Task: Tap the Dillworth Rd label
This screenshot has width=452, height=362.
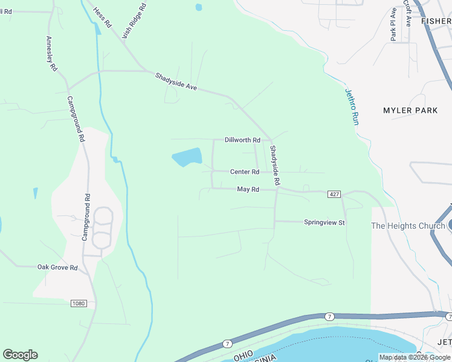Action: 242,140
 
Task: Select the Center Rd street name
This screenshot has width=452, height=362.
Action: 244,172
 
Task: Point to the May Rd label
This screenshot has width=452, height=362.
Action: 248,189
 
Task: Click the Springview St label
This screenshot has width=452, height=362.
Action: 324,223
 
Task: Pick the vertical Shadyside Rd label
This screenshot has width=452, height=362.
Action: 276,165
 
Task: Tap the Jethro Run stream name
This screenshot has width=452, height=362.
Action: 352,107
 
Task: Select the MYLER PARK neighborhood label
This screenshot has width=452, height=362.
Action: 410,110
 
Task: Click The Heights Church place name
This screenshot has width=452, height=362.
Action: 408,226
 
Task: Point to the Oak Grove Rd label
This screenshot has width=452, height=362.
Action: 57,267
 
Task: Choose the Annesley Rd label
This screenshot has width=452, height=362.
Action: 51,54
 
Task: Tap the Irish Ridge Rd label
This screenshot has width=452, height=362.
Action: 134,21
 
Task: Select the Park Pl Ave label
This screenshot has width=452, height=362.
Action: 393,24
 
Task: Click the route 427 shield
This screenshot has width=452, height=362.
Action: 335,194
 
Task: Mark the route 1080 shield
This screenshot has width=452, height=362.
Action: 78,303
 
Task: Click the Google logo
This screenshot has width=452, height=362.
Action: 20,355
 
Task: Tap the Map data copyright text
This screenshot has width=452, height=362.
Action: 415,357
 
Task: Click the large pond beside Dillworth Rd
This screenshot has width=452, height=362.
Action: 187,157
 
